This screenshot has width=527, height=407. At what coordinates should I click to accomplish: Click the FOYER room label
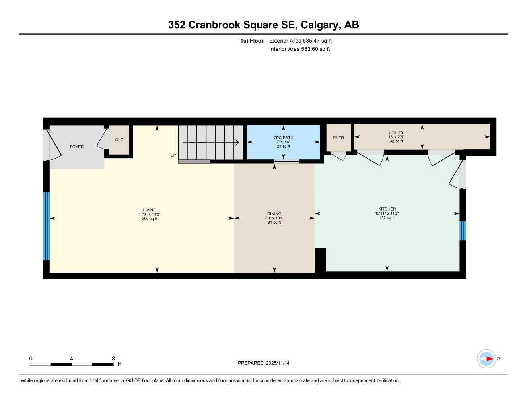(x=77, y=147)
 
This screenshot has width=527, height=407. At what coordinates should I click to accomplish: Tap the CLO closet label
(x=119, y=140)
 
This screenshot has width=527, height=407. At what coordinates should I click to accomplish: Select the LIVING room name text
(x=150, y=210)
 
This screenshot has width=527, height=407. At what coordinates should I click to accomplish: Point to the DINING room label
(x=274, y=213)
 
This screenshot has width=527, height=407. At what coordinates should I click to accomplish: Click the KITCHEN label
(x=387, y=209)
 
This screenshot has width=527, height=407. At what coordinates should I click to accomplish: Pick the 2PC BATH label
(x=283, y=138)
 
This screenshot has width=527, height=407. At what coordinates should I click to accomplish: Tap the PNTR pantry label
(x=338, y=138)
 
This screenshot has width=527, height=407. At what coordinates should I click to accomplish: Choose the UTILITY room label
(x=396, y=132)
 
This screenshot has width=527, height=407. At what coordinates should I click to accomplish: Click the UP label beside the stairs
(x=173, y=155)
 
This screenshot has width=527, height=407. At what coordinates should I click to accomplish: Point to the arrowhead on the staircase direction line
(x=236, y=142)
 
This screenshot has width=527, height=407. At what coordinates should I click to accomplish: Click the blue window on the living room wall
(x=46, y=226)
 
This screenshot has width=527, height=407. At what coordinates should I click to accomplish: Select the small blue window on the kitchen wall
(x=463, y=231)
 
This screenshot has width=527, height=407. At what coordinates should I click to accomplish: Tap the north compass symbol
(x=487, y=359)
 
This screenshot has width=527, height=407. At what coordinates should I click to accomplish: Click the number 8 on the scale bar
(x=113, y=359)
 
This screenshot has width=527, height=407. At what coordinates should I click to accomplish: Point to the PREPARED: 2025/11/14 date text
(x=264, y=363)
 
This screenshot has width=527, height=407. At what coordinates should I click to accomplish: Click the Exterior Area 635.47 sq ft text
(x=300, y=41)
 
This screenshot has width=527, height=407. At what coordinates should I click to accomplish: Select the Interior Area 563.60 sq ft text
(x=299, y=49)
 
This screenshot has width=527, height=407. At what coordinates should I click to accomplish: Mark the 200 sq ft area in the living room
(x=150, y=219)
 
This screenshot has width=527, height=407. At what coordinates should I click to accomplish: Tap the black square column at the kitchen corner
(x=320, y=260)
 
